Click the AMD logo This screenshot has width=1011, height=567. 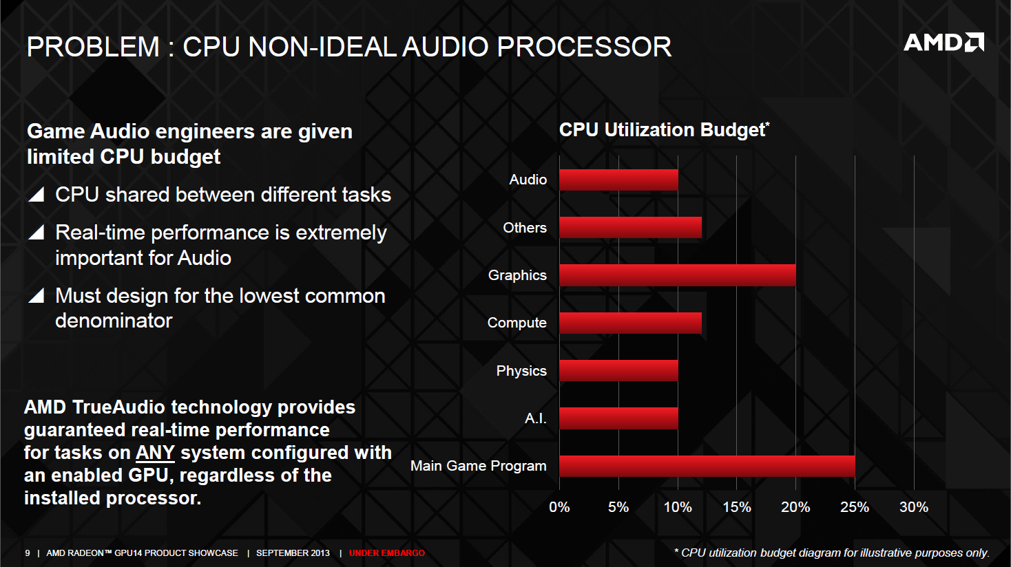click(x=944, y=43)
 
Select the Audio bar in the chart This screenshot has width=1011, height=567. click(x=618, y=180)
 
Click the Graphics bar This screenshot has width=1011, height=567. click(x=677, y=275)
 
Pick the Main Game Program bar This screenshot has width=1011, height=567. click(x=707, y=466)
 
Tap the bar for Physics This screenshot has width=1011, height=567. click(x=618, y=371)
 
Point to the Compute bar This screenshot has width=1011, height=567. click(x=630, y=323)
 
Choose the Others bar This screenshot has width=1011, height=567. click(x=630, y=228)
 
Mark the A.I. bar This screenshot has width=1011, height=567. click(x=618, y=418)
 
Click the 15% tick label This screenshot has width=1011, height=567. click(x=736, y=507)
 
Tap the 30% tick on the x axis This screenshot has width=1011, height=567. click(x=913, y=507)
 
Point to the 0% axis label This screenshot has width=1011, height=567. click(x=559, y=507)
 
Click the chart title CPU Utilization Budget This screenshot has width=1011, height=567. click(x=663, y=130)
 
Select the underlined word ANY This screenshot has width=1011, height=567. click(x=155, y=453)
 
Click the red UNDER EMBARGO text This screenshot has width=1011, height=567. click(x=387, y=553)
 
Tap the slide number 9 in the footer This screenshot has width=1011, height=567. click(x=28, y=553)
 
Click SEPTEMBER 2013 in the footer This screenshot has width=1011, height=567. click(x=293, y=553)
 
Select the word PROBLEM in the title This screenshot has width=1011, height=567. click(x=93, y=47)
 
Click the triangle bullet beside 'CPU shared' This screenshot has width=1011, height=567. click(x=37, y=195)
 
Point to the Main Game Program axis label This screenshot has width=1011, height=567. click(x=478, y=466)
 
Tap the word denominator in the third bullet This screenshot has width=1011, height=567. click(x=114, y=321)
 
